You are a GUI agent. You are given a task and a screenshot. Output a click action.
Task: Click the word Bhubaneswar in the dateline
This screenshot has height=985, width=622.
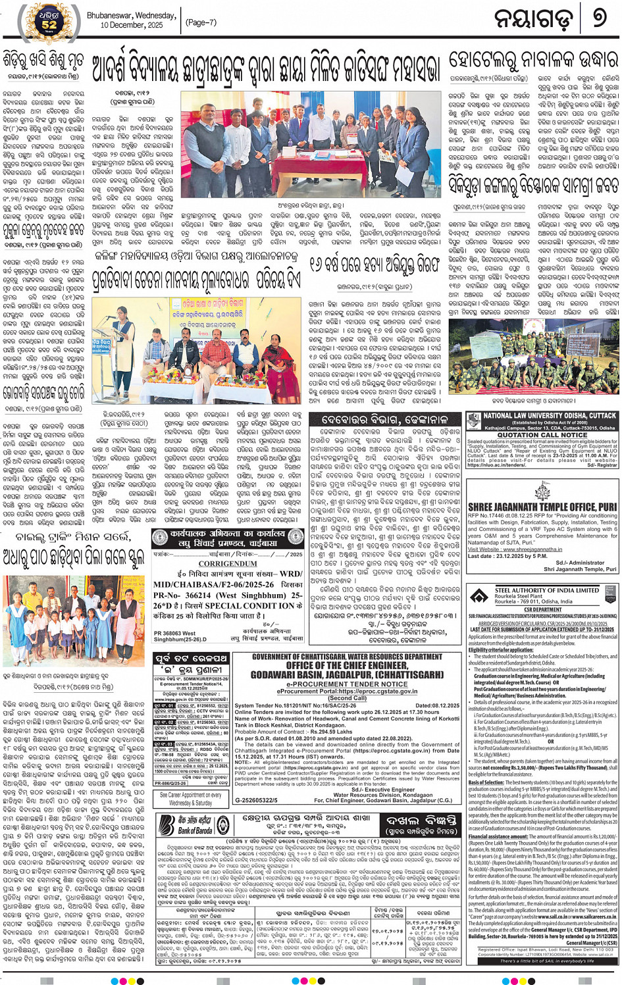click(x=110, y=15)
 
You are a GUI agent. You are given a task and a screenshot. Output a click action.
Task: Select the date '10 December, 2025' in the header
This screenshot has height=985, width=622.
click(x=132, y=25)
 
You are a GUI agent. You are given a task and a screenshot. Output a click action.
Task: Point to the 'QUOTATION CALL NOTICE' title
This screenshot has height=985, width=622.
click(x=542, y=435)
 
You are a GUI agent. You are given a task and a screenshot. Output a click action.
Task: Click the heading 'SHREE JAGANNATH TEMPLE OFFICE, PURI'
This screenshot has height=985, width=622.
click(x=542, y=507)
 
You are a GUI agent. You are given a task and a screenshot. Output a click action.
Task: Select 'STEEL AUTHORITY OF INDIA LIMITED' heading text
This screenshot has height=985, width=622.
click(x=547, y=590)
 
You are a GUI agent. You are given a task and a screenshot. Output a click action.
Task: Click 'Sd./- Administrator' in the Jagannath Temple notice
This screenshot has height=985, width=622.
click(x=585, y=563)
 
